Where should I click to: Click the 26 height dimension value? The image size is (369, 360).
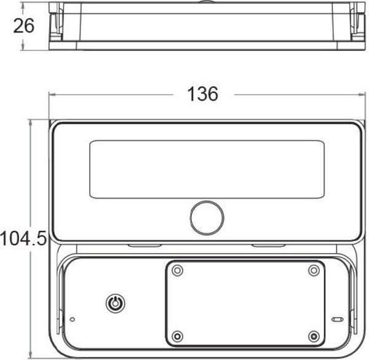[x=24, y=26]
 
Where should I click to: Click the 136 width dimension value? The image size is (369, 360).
[x=203, y=94]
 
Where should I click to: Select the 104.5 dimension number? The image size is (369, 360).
[x=23, y=238]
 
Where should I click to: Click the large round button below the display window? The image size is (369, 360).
[x=207, y=217]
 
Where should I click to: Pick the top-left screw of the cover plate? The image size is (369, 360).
[x=178, y=270]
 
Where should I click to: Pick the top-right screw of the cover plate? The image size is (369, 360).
[x=314, y=270]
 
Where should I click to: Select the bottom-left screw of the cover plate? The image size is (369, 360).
[x=178, y=337]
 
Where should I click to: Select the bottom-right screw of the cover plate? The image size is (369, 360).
[x=314, y=337]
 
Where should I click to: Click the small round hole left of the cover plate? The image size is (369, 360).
[x=73, y=319]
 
